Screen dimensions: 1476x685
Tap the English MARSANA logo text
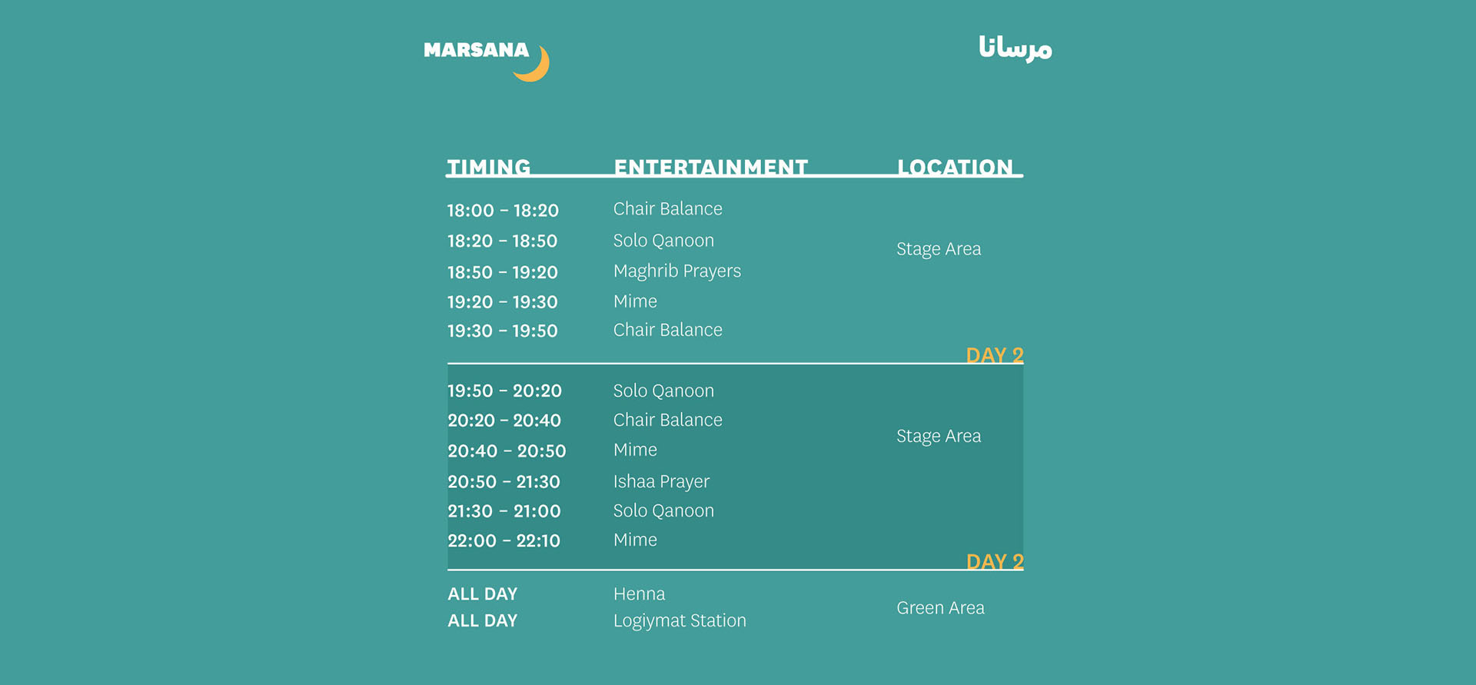476,50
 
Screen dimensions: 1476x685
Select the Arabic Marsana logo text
1015,48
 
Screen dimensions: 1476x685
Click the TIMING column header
489,167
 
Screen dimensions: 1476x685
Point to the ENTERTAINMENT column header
710,167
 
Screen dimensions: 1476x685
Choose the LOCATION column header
955,167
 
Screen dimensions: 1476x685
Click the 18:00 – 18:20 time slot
503,211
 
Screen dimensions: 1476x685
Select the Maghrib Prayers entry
677,271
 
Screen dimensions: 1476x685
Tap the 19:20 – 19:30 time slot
503,302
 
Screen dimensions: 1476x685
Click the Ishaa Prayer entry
661,482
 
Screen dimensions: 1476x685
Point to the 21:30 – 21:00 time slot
504,511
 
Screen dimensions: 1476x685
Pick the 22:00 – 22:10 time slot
504,541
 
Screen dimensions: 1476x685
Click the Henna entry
640,594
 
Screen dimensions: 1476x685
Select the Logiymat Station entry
680,621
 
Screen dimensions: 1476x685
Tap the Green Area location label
940,608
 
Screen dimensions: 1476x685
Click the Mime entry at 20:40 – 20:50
635,450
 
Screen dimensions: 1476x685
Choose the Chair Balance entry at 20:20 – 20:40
668,420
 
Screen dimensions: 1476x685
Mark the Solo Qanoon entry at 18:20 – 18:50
663,241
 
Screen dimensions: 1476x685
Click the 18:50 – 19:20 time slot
503,272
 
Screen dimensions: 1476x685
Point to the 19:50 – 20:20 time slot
504,391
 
